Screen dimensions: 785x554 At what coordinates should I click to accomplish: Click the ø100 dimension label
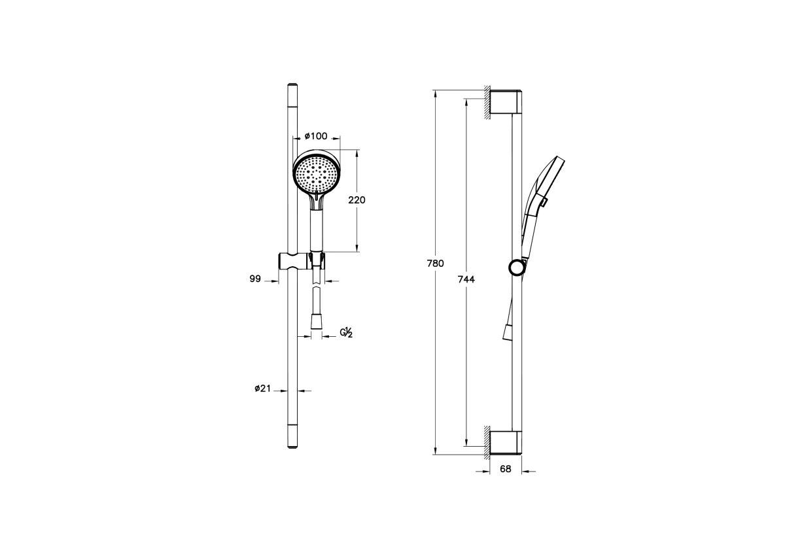click(x=316, y=136)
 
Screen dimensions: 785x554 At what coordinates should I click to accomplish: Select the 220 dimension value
click(x=357, y=200)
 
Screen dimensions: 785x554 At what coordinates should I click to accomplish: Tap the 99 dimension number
click(x=255, y=279)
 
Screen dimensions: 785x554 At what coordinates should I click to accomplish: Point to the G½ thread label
click(x=346, y=332)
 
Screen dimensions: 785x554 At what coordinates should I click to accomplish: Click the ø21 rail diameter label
click(x=263, y=389)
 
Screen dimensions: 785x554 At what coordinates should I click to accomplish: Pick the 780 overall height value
click(x=435, y=264)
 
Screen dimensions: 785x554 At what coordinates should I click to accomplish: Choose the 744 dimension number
click(x=466, y=279)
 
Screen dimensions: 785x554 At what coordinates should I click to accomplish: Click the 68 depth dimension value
click(x=505, y=469)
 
